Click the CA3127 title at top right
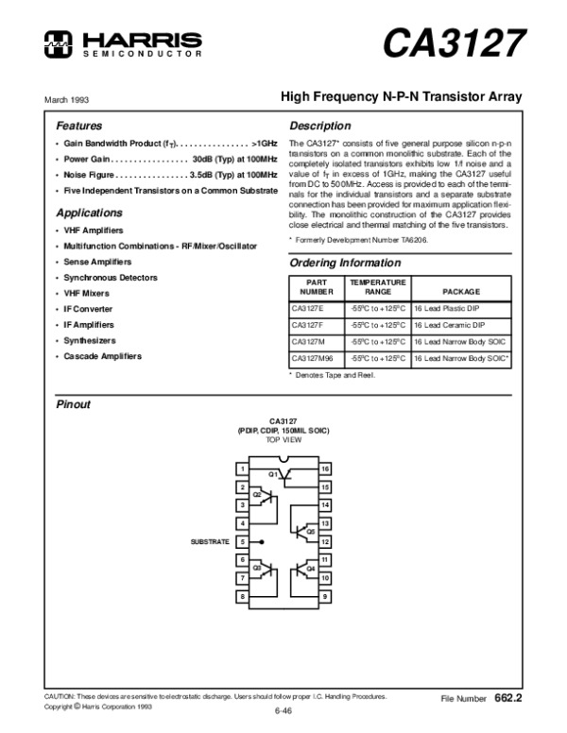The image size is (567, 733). (454, 43)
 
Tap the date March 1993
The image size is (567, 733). (65, 99)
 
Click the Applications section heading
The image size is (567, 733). (90, 213)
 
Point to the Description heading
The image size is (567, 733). (320, 126)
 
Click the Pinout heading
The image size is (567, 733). (74, 404)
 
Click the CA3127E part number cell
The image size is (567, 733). (307, 307)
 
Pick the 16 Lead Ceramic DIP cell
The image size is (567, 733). (450, 324)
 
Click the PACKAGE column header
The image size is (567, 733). (461, 291)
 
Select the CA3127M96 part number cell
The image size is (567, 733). (312, 359)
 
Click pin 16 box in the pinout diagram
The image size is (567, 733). (324, 469)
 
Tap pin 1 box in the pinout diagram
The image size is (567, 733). (243, 469)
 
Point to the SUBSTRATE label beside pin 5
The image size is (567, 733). (211, 541)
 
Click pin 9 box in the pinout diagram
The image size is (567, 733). (324, 596)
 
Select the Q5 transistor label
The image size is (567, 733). (310, 531)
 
